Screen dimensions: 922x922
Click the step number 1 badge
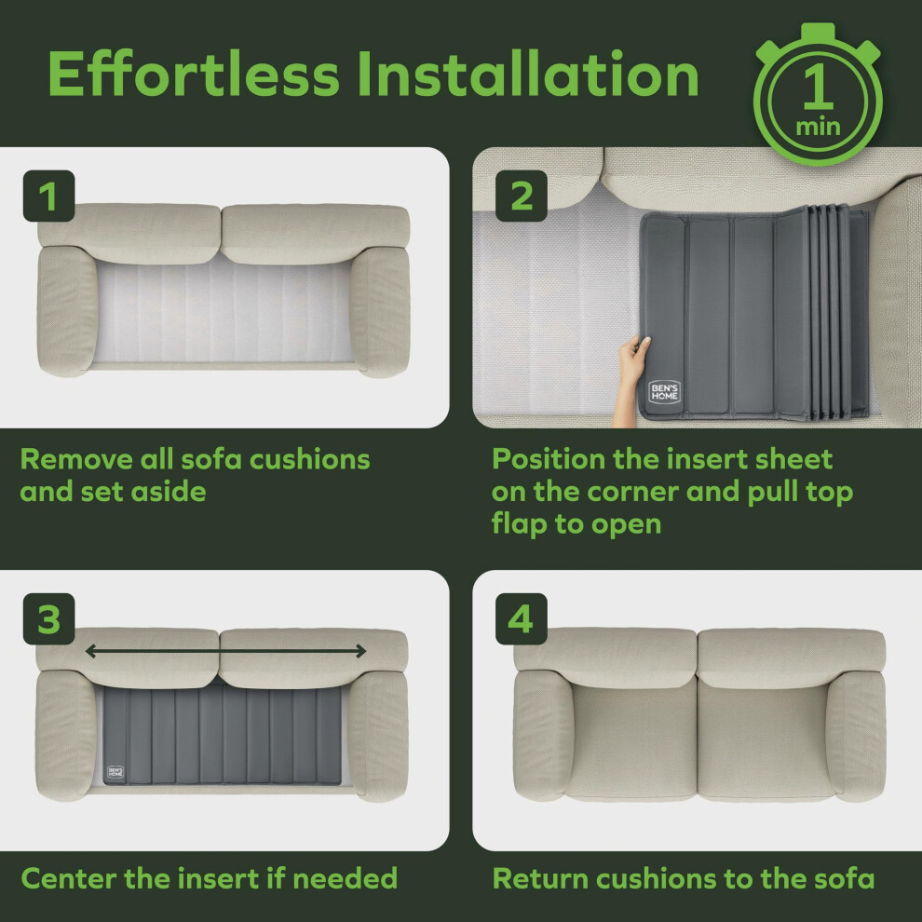48,196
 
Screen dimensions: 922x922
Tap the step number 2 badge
522,196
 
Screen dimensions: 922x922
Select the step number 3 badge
48,618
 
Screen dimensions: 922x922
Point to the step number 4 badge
522,618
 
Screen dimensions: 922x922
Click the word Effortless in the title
194,74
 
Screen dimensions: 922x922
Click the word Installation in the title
528,74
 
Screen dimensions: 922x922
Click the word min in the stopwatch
818,127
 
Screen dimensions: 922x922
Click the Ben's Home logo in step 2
664,391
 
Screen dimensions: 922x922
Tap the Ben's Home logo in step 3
115,772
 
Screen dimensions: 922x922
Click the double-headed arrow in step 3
225,651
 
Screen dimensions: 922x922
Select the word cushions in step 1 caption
310,459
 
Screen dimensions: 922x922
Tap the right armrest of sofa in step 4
857,735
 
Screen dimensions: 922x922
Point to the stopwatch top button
818,31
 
